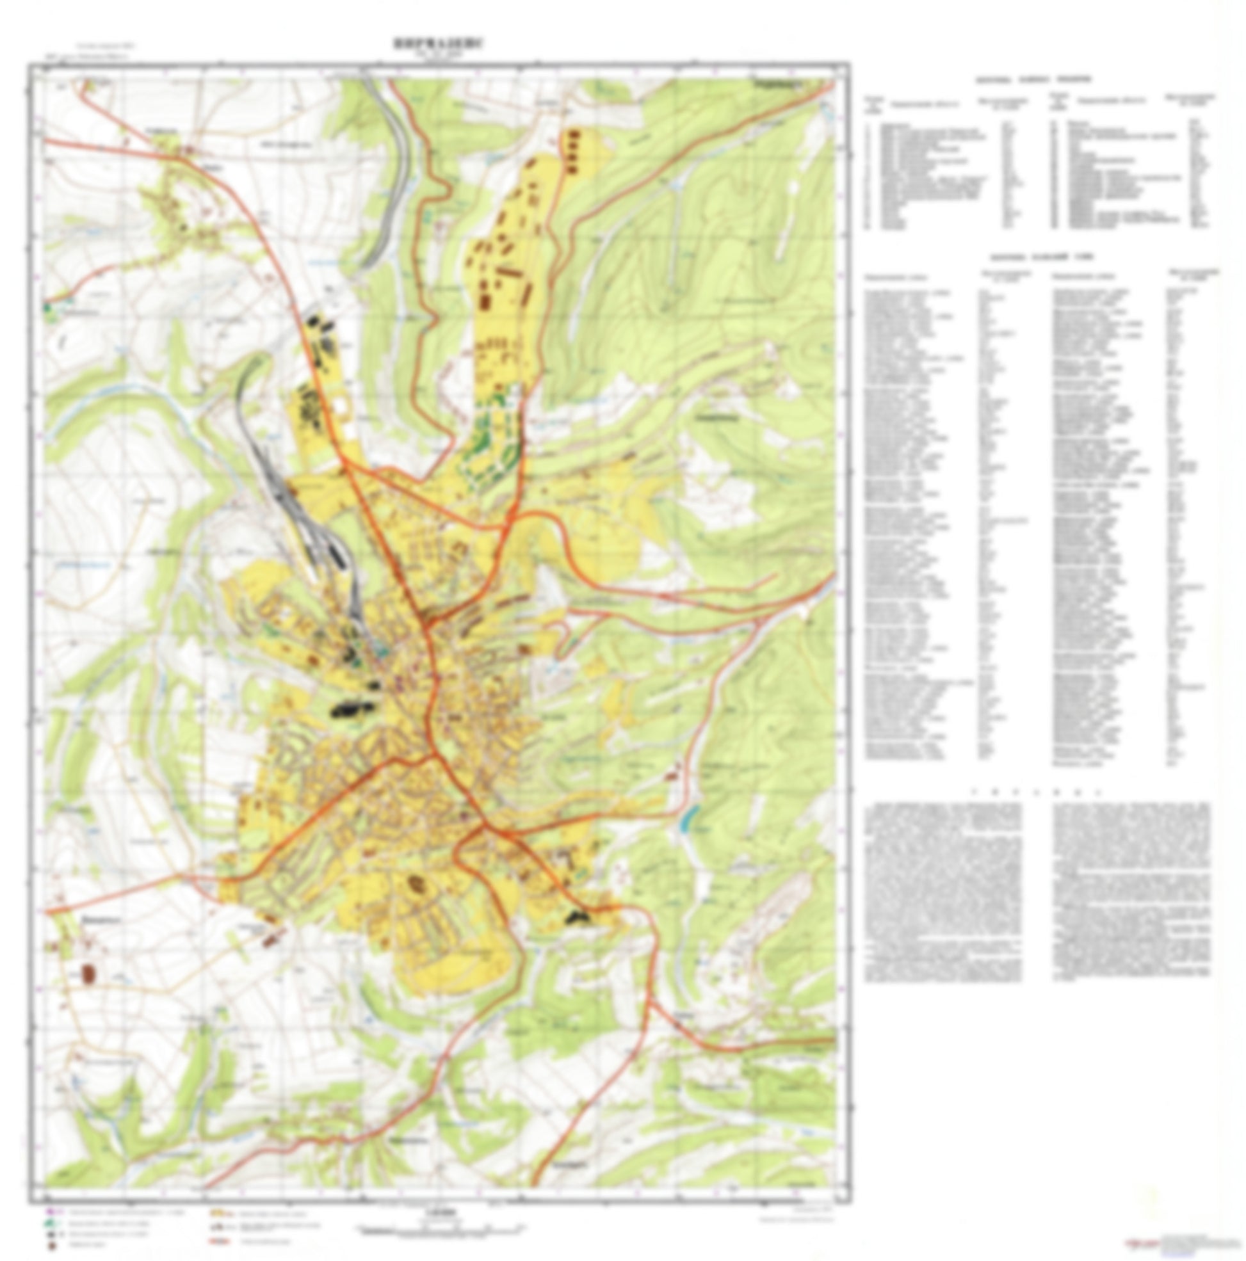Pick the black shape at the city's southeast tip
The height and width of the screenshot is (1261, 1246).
(578, 918)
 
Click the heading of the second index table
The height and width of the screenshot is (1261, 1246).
(1041, 257)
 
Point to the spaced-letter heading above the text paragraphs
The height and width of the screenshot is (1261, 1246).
(1038, 792)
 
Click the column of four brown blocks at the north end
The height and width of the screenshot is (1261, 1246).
(572, 151)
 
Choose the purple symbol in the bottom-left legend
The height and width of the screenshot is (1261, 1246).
(51, 1212)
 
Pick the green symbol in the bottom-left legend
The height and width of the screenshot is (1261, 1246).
(51, 1224)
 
